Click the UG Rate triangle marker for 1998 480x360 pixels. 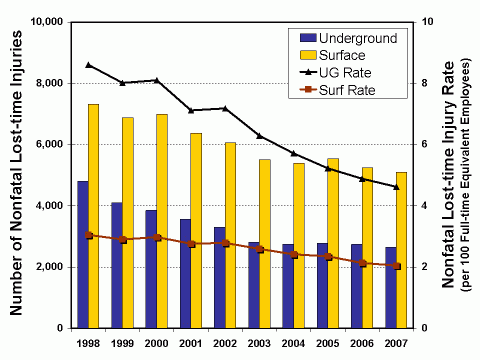tap(88, 65)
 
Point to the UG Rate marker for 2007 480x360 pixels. tap(396, 187)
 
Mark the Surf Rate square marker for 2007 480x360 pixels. tap(396, 266)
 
